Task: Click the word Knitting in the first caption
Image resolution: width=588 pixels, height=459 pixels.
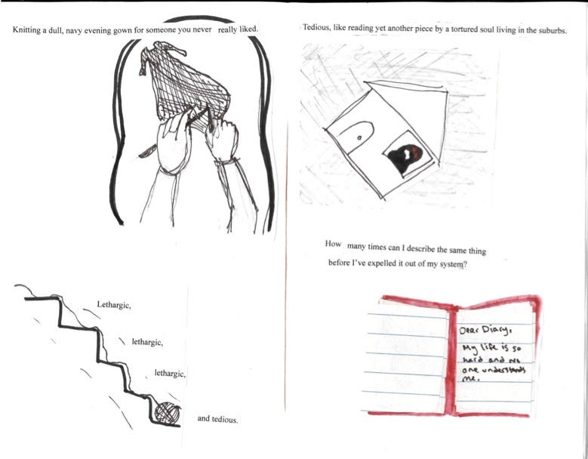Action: (26, 30)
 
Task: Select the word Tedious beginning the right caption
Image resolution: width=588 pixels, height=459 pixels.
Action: (316, 27)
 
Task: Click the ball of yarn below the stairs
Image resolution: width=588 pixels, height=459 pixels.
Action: (168, 413)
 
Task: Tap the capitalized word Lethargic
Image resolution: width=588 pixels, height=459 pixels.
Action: (114, 305)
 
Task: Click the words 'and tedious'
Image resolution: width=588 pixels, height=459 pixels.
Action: (217, 419)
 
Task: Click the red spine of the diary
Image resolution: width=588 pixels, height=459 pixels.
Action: (451, 360)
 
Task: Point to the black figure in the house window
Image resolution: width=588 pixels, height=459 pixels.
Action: (405, 158)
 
